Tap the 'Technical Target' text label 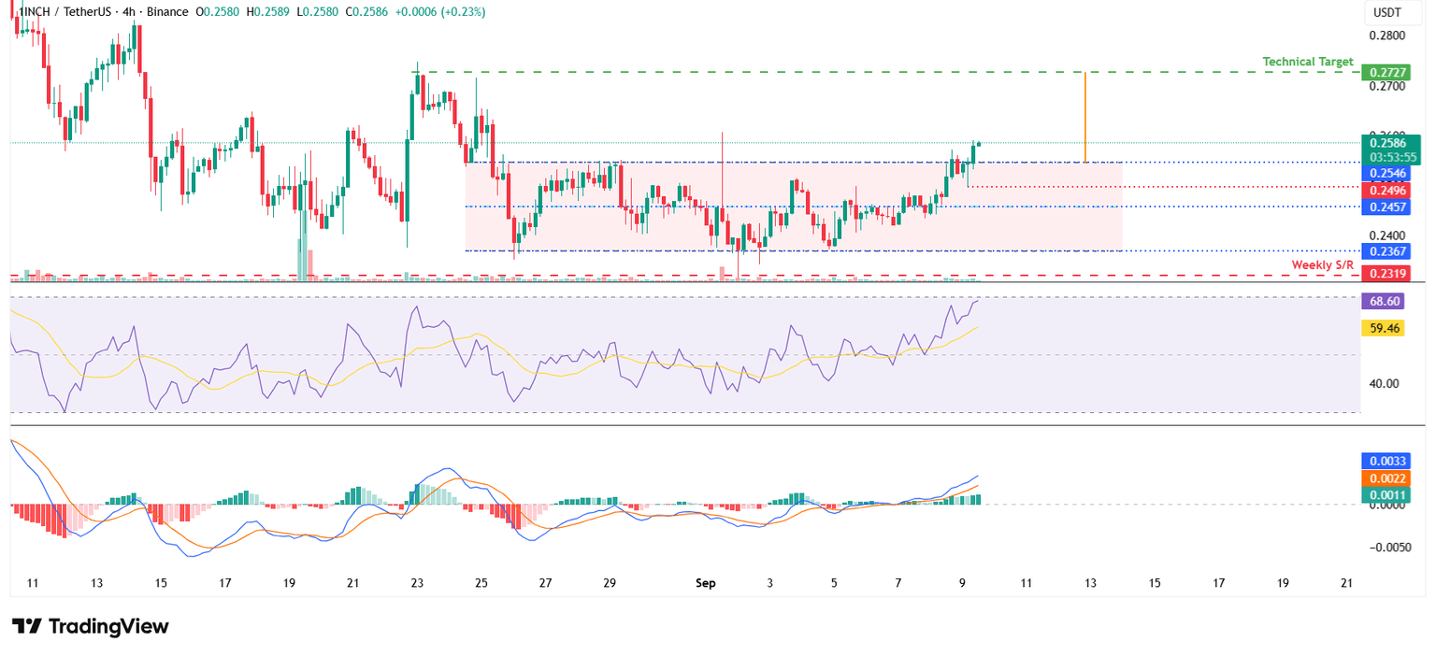click(1307, 62)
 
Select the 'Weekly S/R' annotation click(1322, 265)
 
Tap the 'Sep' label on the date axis click(705, 583)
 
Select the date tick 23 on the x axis click(417, 583)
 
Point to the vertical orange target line click(1084, 117)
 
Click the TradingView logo click(91, 626)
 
